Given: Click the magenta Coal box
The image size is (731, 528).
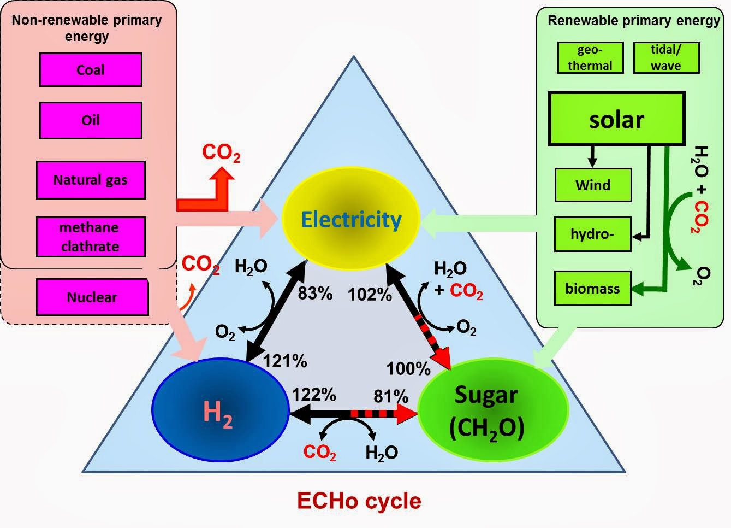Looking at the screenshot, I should (x=91, y=70).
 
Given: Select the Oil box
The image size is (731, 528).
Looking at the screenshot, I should (x=91, y=120).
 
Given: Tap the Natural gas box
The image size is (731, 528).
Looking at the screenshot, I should (x=91, y=180).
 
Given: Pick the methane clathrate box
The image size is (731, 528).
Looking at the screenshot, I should (x=91, y=237).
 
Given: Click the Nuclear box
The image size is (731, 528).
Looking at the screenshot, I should (x=92, y=297).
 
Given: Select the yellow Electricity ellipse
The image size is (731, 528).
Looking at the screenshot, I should (x=350, y=219).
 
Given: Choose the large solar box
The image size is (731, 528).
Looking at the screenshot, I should (x=616, y=119).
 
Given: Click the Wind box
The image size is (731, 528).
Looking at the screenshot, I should (x=593, y=185).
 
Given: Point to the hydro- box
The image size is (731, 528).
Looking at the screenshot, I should (x=592, y=234).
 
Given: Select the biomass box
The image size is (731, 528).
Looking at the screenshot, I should (x=592, y=288).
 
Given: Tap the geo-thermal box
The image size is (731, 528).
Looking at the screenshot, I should (x=590, y=57).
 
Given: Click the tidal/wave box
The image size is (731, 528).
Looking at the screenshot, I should (x=665, y=57).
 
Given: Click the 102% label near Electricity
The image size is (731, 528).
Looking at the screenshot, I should (x=370, y=295).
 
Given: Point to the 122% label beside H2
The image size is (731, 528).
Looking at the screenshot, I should (x=313, y=394).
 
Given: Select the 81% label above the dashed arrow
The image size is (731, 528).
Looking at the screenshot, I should (x=391, y=396).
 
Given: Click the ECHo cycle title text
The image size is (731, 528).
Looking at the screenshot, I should (x=359, y=501).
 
